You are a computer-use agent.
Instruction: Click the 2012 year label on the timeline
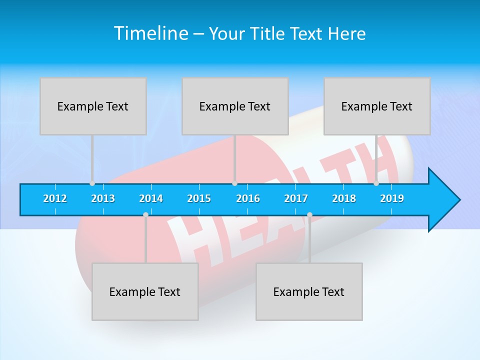[55, 198]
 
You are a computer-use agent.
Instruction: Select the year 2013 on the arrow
[103, 198]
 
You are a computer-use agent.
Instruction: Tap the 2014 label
[151, 198]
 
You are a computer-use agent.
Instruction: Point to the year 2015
[199, 198]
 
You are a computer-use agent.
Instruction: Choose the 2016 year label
[248, 198]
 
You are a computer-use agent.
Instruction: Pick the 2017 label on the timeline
[296, 198]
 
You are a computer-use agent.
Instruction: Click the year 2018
[344, 198]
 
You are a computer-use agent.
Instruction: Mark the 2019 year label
[392, 198]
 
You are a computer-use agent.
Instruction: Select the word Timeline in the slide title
[150, 33]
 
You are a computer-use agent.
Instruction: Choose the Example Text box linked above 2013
[93, 106]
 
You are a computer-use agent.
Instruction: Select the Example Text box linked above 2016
[235, 106]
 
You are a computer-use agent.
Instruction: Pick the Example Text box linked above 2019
[377, 106]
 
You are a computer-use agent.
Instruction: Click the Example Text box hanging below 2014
[145, 291]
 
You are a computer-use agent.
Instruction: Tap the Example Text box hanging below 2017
[309, 291]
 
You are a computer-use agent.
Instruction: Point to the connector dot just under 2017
[309, 214]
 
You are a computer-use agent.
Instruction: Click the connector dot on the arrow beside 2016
[234, 183]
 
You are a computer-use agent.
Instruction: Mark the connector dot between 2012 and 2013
[92, 183]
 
